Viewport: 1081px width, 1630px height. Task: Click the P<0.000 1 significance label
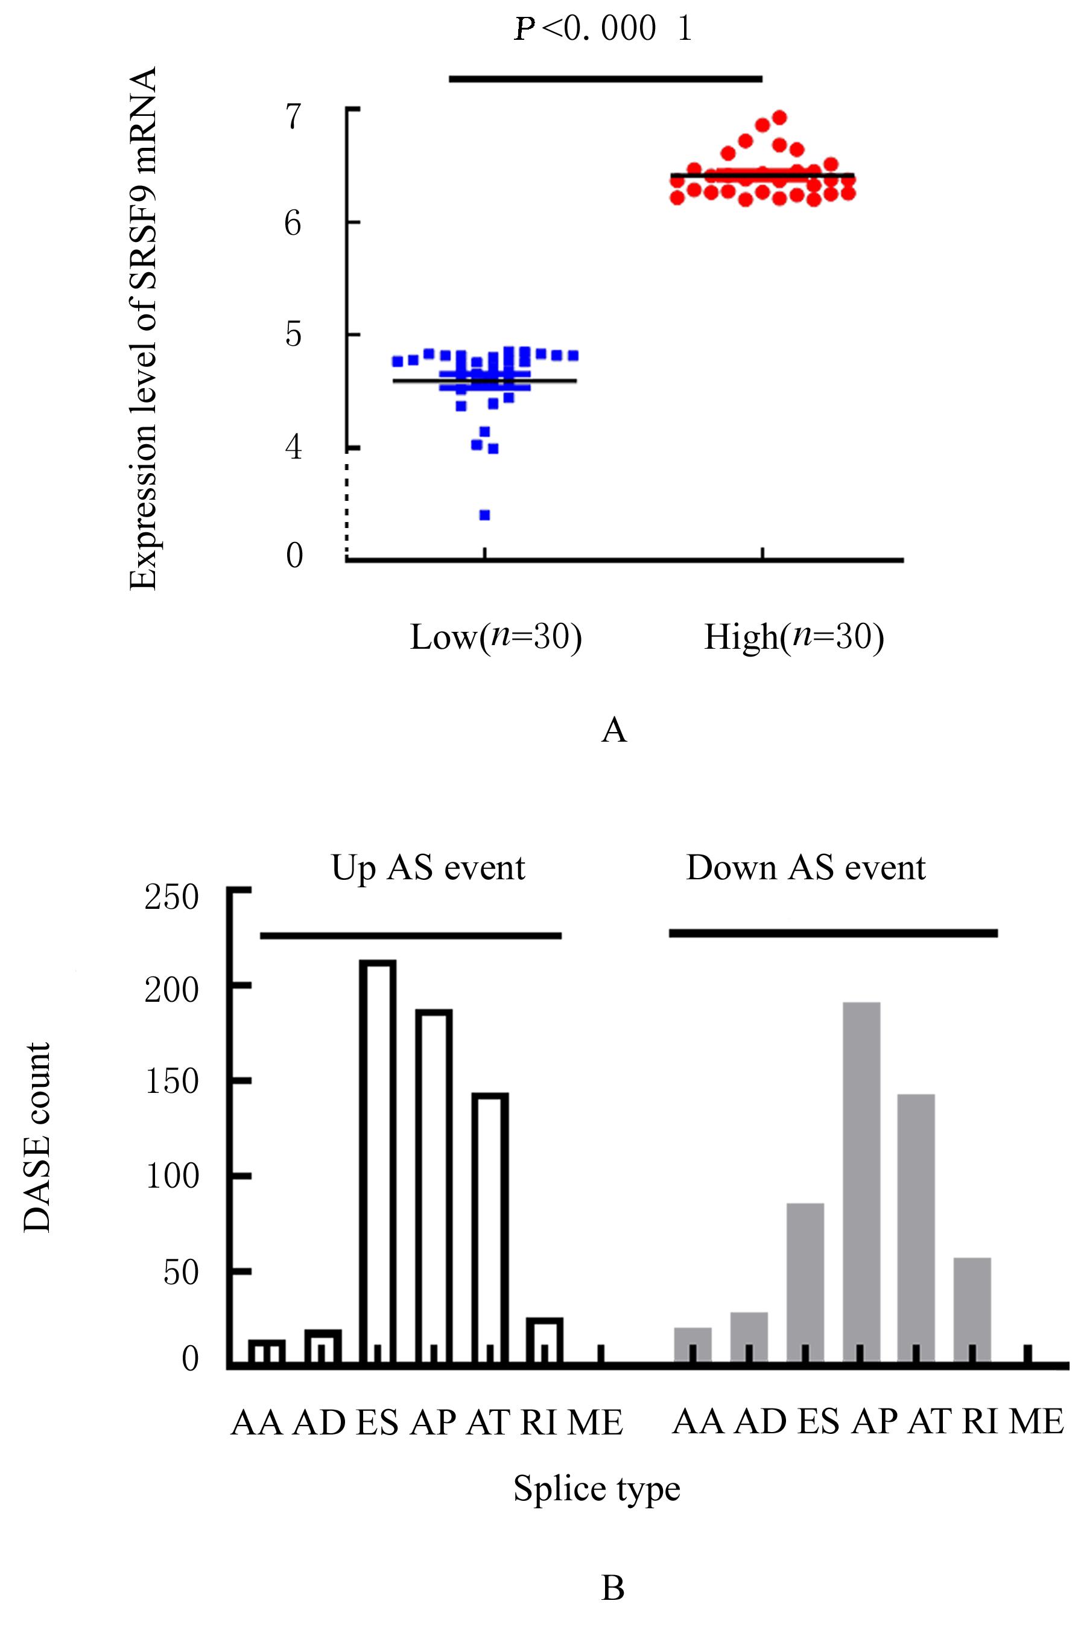(x=603, y=29)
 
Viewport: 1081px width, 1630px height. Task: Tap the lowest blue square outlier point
(x=484, y=515)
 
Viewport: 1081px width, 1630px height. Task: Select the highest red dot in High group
(x=780, y=117)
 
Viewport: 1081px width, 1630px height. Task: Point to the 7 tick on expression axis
(x=294, y=116)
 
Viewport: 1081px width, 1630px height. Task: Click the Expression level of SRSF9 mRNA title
(x=144, y=328)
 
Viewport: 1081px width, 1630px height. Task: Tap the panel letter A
(x=613, y=730)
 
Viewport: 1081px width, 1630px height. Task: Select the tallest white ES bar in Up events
(x=378, y=1158)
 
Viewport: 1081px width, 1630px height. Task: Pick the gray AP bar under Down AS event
(x=861, y=1179)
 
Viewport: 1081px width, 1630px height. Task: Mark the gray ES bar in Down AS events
(x=805, y=1281)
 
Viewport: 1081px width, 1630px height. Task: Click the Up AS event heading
(x=428, y=867)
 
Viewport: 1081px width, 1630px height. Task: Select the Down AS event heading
(x=805, y=867)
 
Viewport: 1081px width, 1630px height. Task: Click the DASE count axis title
(x=37, y=1137)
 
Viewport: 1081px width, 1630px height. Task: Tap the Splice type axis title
(x=597, y=1488)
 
